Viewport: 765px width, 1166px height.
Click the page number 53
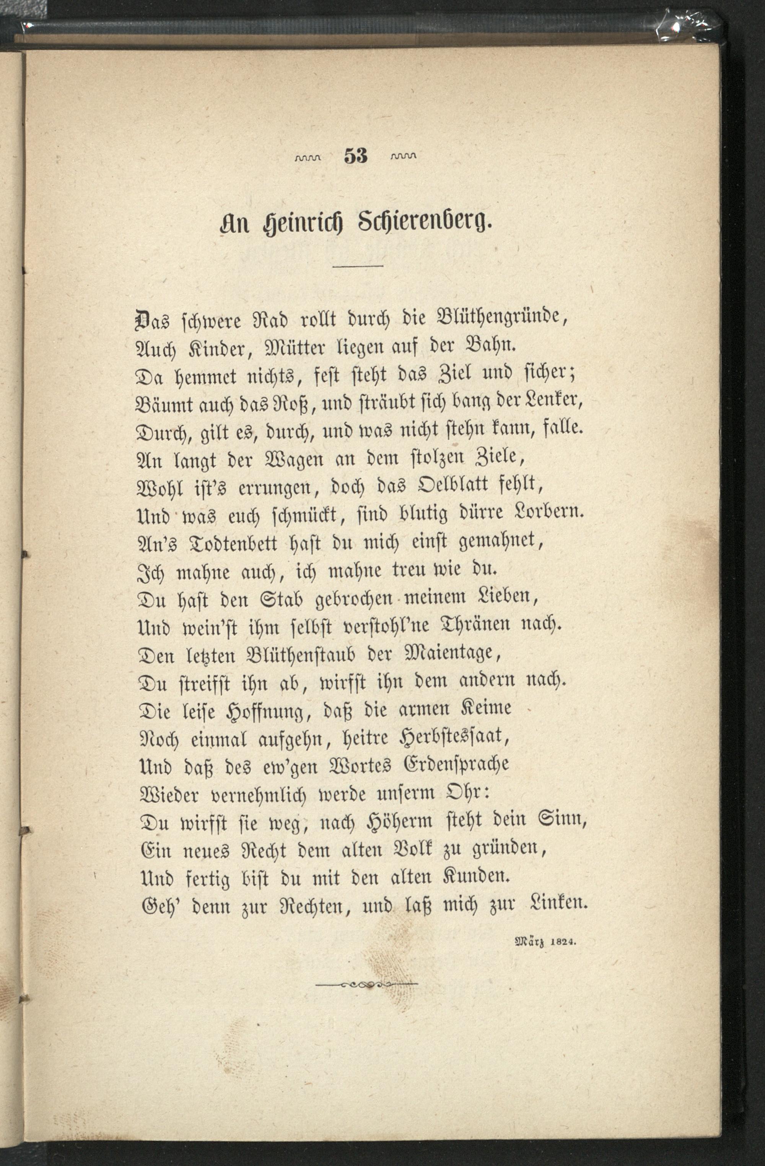356,156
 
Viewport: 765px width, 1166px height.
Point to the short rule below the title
358,266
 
